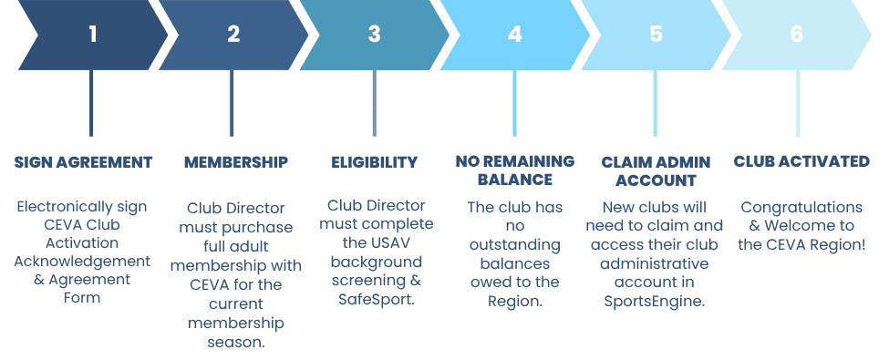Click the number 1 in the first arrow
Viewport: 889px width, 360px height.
[93, 35]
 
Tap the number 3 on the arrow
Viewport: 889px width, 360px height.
[374, 35]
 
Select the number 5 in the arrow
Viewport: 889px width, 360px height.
[656, 35]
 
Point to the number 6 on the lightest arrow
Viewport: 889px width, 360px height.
[797, 35]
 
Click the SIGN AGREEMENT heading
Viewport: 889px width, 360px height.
[83, 163]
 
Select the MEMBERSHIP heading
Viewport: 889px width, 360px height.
[236, 163]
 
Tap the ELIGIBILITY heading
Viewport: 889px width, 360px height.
[374, 163]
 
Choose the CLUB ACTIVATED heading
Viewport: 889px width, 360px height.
[801, 161]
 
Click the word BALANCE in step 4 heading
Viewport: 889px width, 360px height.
[515, 180]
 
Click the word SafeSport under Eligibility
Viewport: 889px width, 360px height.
[376, 299]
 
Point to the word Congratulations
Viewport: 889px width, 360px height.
[801, 208]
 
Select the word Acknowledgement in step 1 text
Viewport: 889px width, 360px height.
[82, 262]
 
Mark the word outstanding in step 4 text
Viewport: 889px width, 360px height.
[515, 246]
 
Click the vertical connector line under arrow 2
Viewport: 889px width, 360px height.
[232, 103]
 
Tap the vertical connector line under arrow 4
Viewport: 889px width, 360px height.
[514, 103]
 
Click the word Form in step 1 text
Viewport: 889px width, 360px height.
[82, 298]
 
